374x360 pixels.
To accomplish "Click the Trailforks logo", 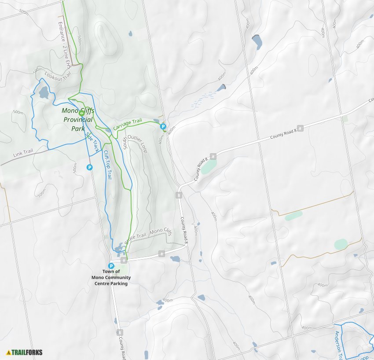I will (24, 352).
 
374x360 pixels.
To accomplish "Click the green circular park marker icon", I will (81, 113).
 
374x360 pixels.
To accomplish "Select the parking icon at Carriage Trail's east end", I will (163, 127).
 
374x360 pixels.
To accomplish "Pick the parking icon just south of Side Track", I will (89, 167).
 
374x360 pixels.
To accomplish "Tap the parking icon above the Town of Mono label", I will (111, 266).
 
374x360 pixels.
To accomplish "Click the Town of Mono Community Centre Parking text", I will (111, 278).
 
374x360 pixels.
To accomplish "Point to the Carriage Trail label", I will (128, 124).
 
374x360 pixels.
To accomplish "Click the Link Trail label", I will (23, 153).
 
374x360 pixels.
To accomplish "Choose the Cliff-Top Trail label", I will (107, 165).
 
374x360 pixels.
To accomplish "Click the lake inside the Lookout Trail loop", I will (44, 92).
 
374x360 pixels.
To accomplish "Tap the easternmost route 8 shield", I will (300, 128).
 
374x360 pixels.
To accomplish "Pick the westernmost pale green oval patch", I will (209, 167).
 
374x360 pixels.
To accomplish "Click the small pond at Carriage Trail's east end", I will (156, 121).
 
